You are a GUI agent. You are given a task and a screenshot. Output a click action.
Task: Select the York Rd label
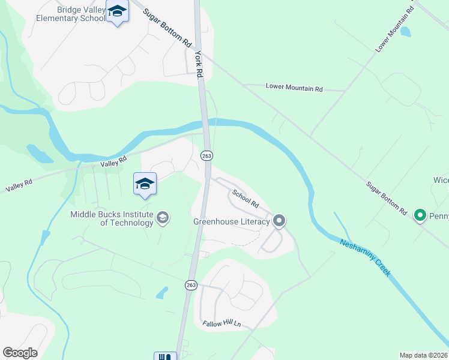click(x=199, y=65)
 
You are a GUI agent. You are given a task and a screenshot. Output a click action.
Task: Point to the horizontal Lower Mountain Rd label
click(x=294, y=88)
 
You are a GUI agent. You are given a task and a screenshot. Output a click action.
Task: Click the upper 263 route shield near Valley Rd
click(x=206, y=155)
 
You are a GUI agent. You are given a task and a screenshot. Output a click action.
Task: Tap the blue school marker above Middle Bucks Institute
click(x=145, y=183)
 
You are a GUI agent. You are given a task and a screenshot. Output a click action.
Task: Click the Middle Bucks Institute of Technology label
click(x=112, y=218)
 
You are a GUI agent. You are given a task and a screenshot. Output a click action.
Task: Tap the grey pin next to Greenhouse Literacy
click(x=279, y=221)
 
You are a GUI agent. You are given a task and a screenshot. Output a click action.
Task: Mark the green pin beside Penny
click(x=420, y=214)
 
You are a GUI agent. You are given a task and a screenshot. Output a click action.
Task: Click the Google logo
click(x=20, y=353)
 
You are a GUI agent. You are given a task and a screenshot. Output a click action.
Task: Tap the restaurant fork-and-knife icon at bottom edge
click(x=165, y=356)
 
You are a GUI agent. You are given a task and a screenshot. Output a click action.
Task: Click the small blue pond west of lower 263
click(x=161, y=293)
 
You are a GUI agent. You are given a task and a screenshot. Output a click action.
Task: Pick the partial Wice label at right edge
click(x=441, y=180)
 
